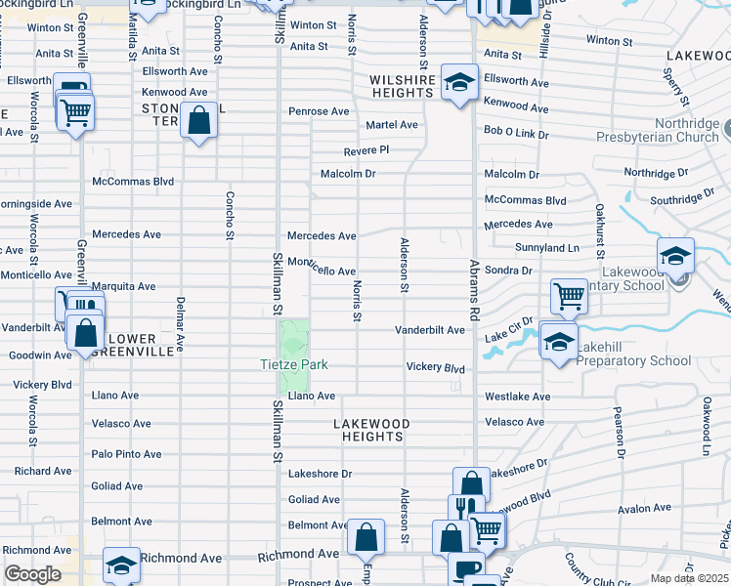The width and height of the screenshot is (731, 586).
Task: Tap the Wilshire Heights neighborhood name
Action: pos(401,85)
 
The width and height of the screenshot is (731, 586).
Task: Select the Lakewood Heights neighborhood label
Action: pos(371,431)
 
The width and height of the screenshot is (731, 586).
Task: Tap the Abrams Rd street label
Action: pos(475,291)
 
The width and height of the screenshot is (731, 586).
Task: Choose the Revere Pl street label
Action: pos(366,150)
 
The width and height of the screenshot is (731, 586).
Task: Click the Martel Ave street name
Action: pos(391,125)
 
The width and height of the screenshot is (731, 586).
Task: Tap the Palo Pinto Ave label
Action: pos(126,454)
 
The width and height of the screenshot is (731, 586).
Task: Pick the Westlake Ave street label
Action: pos(517,398)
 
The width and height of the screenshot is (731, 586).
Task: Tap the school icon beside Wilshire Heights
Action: pos(458,82)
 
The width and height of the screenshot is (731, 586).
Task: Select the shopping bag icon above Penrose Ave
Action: pos(199,121)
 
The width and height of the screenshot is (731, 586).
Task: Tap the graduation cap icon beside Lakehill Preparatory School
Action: pos(558,342)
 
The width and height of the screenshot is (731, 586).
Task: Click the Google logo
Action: pos(32,574)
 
